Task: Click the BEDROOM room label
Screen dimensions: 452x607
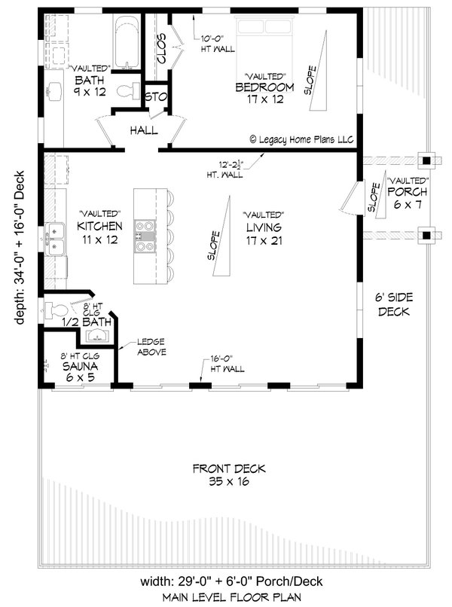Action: [264, 87]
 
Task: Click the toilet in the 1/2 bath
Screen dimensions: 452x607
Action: [56, 310]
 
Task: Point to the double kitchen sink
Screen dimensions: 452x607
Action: [55, 239]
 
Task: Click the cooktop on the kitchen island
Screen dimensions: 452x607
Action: [145, 236]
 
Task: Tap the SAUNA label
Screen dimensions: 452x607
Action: [80, 366]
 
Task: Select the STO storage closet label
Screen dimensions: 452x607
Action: [156, 97]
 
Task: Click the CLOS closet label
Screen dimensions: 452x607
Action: [161, 47]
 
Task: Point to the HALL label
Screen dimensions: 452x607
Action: [144, 130]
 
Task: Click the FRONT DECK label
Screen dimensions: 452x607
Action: [229, 468]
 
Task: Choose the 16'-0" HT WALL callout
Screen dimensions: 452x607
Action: [228, 364]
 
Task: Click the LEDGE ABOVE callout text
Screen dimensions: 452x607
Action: [151, 347]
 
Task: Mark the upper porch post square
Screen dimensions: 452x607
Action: [426, 160]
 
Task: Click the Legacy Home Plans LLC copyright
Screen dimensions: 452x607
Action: [302, 139]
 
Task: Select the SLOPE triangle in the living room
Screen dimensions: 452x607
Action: [223, 236]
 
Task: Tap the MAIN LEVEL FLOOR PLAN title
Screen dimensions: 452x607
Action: [231, 597]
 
